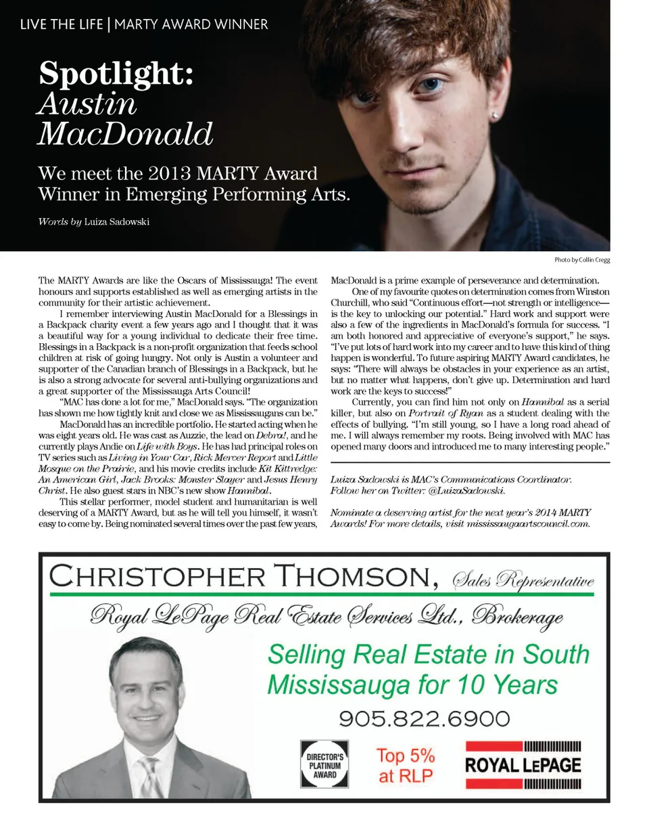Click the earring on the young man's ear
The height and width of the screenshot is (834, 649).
tap(500, 116)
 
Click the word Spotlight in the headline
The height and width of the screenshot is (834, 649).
tap(116, 73)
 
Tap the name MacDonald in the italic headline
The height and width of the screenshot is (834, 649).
tap(125, 134)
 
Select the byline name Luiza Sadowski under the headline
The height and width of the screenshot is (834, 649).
tap(116, 222)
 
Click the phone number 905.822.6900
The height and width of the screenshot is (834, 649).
tap(424, 718)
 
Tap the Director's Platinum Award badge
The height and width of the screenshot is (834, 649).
tap(324, 764)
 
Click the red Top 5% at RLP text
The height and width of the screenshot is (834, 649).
tap(406, 765)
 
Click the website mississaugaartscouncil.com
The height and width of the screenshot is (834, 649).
tap(528, 523)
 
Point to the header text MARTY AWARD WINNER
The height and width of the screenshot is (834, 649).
tap(191, 24)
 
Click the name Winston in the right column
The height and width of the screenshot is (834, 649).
tap(593, 292)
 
